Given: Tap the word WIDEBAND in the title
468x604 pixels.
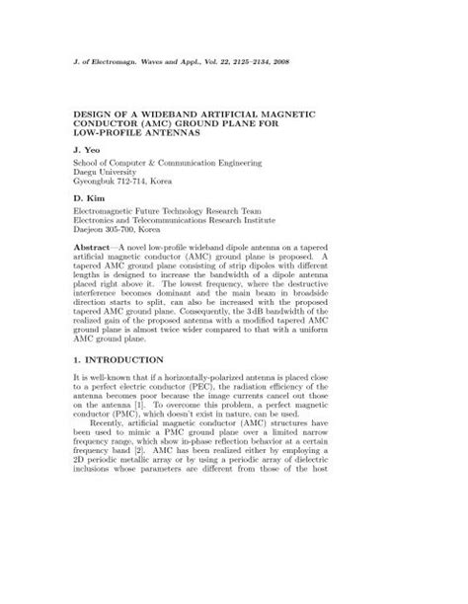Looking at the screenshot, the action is [x=173, y=116].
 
